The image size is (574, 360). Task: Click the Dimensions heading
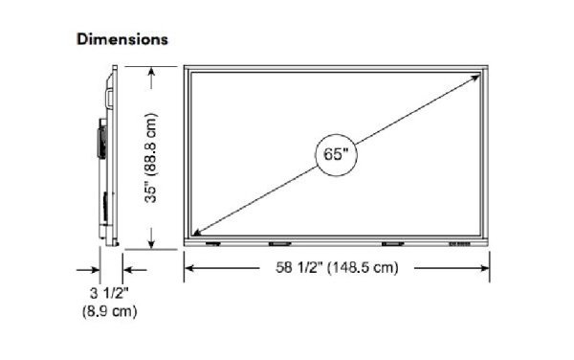[x=122, y=39]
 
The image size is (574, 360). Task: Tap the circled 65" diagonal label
[x=336, y=154]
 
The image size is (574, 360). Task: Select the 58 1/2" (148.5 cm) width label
[x=337, y=267]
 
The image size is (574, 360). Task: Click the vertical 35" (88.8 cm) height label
[x=151, y=157]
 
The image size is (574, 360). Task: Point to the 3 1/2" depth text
[x=109, y=293]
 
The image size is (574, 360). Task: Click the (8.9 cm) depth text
[x=109, y=312]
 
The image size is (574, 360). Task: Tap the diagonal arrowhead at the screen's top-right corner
[x=475, y=77]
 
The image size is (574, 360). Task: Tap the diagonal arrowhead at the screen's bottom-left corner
[x=197, y=232]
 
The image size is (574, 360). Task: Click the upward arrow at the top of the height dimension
[x=151, y=78]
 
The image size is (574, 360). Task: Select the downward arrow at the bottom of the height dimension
[x=151, y=238]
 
